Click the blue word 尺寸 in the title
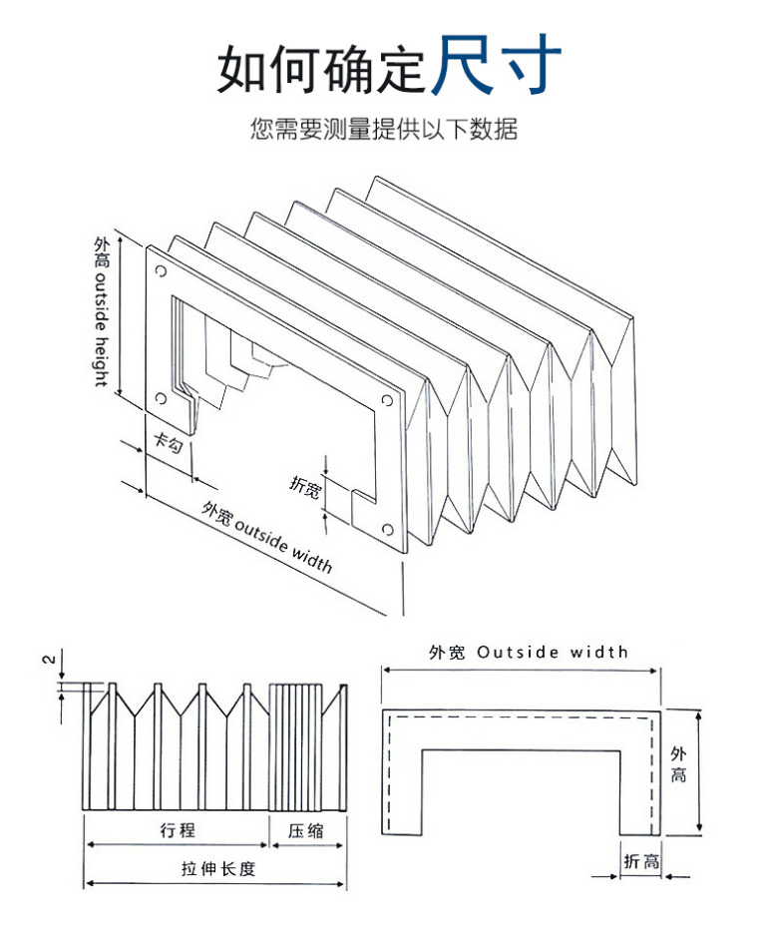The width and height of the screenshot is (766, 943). pyautogui.click(x=497, y=63)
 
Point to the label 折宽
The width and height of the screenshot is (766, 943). pyautogui.click(x=305, y=486)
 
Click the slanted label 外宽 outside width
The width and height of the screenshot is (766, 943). pyautogui.click(x=266, y=537)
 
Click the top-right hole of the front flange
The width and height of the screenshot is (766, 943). pyautogui.click(x=387, y=402)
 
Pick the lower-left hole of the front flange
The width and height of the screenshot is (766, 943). pyautogui.click(x=160, y=399)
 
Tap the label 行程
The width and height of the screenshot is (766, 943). pyautogui.click(x=177, y=830)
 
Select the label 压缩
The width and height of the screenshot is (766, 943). pyautogui.click(x=306, y=830)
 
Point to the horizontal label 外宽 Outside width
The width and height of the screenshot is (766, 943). pyautogui.click(x=528, y=653)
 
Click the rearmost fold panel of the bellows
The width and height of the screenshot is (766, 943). pyautogui.click(x=499, y=249)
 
